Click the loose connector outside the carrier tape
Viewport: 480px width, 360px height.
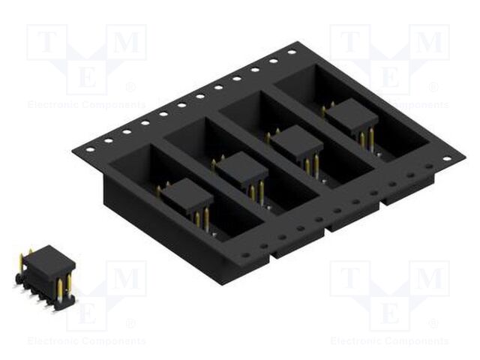pyautogui.click(x=47, y=274)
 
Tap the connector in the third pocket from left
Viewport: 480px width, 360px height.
pyautogui.click(x=296, y=142)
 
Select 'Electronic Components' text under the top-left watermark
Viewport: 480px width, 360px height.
pyautogui.click(x=87, y=105)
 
